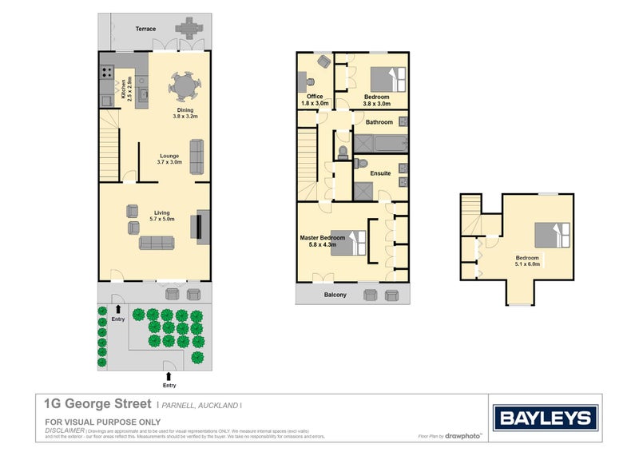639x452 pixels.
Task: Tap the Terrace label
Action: click(x=145, y=29)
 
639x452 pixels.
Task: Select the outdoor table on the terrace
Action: click(x=189, y=28)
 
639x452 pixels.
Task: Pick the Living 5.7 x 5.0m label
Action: click(x=162, y=216)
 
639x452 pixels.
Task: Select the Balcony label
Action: click(x=335, y=295)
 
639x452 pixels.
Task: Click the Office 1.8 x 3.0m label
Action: click(x=315, y=100)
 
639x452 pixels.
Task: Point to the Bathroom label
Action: click(x=379, y=122)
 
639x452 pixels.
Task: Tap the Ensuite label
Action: click(x=379, y=172)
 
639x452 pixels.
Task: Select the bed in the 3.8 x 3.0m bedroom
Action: click(x=391, y=80)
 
